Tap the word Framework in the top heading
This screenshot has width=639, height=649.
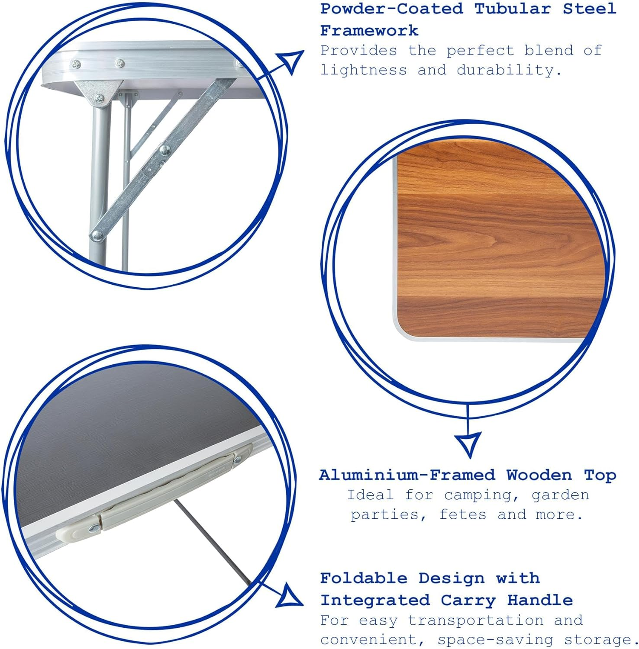point(369,31)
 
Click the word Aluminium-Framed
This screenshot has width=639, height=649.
point(407,475)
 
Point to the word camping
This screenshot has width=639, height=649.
point(482,495)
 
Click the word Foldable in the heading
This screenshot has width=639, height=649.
point(364,578)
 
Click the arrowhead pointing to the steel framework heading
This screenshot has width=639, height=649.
point(291,61)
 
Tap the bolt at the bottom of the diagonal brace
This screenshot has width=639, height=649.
point(97,235)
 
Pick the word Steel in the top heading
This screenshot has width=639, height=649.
point(589,9)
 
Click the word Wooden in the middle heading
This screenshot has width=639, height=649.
point(539,475)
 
